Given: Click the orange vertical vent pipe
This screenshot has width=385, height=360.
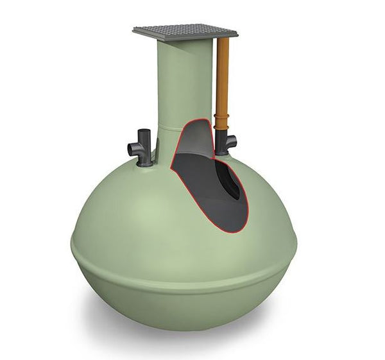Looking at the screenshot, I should click(x=223, y=77).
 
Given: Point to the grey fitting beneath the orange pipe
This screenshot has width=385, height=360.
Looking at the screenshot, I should click(x=224, y=144).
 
